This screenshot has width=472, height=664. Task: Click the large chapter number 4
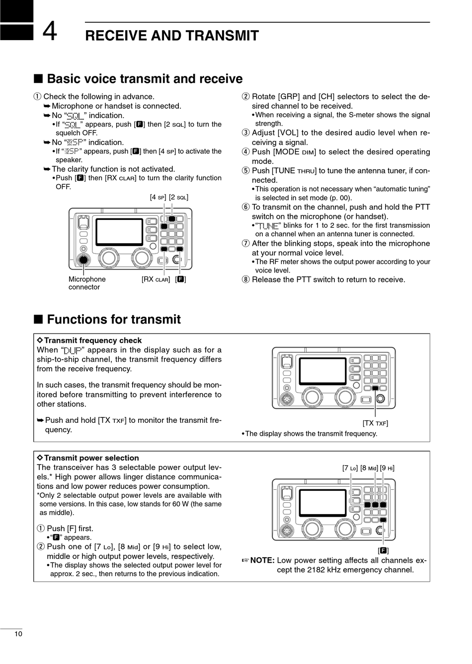49,31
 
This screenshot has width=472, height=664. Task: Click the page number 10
18,634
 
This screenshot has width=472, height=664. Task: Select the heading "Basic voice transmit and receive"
145,79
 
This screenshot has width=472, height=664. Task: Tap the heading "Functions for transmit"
114,319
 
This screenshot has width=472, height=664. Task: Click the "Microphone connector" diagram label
87,283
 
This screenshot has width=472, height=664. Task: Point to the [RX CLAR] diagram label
156,279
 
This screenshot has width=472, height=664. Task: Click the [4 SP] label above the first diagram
158,197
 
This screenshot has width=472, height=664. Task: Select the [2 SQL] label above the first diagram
179,197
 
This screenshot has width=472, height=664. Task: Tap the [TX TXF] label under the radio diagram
375,423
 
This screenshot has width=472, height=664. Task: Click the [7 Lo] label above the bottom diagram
350,467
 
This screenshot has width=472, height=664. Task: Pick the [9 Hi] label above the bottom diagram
388,467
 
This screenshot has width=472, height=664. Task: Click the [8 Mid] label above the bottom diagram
369,467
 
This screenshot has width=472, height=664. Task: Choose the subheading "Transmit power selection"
91,458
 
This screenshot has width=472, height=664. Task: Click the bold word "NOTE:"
262,560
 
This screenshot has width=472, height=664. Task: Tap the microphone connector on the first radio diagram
83,260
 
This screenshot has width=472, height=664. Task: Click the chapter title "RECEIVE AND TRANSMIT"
172,36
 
